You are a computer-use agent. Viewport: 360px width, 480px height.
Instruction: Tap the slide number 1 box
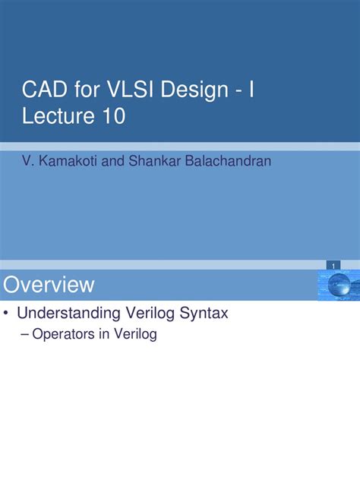(x=332, y=264)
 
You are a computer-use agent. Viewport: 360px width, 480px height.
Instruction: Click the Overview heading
(x=49, y=285)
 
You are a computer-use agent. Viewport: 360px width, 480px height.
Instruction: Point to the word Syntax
(x=204, y=312)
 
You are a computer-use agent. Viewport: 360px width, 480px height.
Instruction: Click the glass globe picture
(x=336, y=284)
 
